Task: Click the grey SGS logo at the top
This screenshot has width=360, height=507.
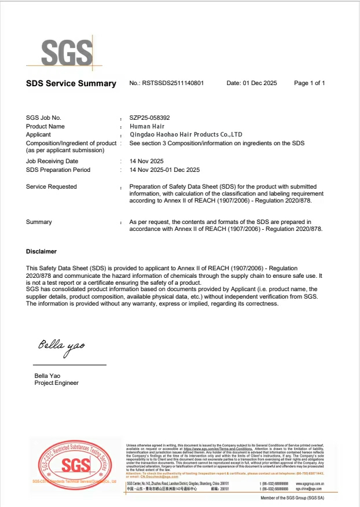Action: [67, 53]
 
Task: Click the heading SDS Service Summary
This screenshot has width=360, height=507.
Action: [71, 83]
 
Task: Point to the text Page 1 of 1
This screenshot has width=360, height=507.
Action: [310, 83]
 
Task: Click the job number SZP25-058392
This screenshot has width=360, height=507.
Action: [150, 117]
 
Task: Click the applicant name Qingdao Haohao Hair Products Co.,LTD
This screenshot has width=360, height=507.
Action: [186, 134]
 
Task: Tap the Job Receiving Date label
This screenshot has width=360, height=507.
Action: [52, 161]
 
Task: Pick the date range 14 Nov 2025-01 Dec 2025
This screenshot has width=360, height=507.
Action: [164, 170]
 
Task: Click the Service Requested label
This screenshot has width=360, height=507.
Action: [52, 186]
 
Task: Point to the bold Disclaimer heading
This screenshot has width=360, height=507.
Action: [42, 252]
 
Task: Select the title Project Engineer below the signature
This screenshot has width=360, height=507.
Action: [57, 383]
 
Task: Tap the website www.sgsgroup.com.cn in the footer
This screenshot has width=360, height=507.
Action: [310, 483]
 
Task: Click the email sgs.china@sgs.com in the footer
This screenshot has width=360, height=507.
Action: [310, 488]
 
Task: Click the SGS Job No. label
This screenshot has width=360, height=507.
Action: [43, 117]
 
